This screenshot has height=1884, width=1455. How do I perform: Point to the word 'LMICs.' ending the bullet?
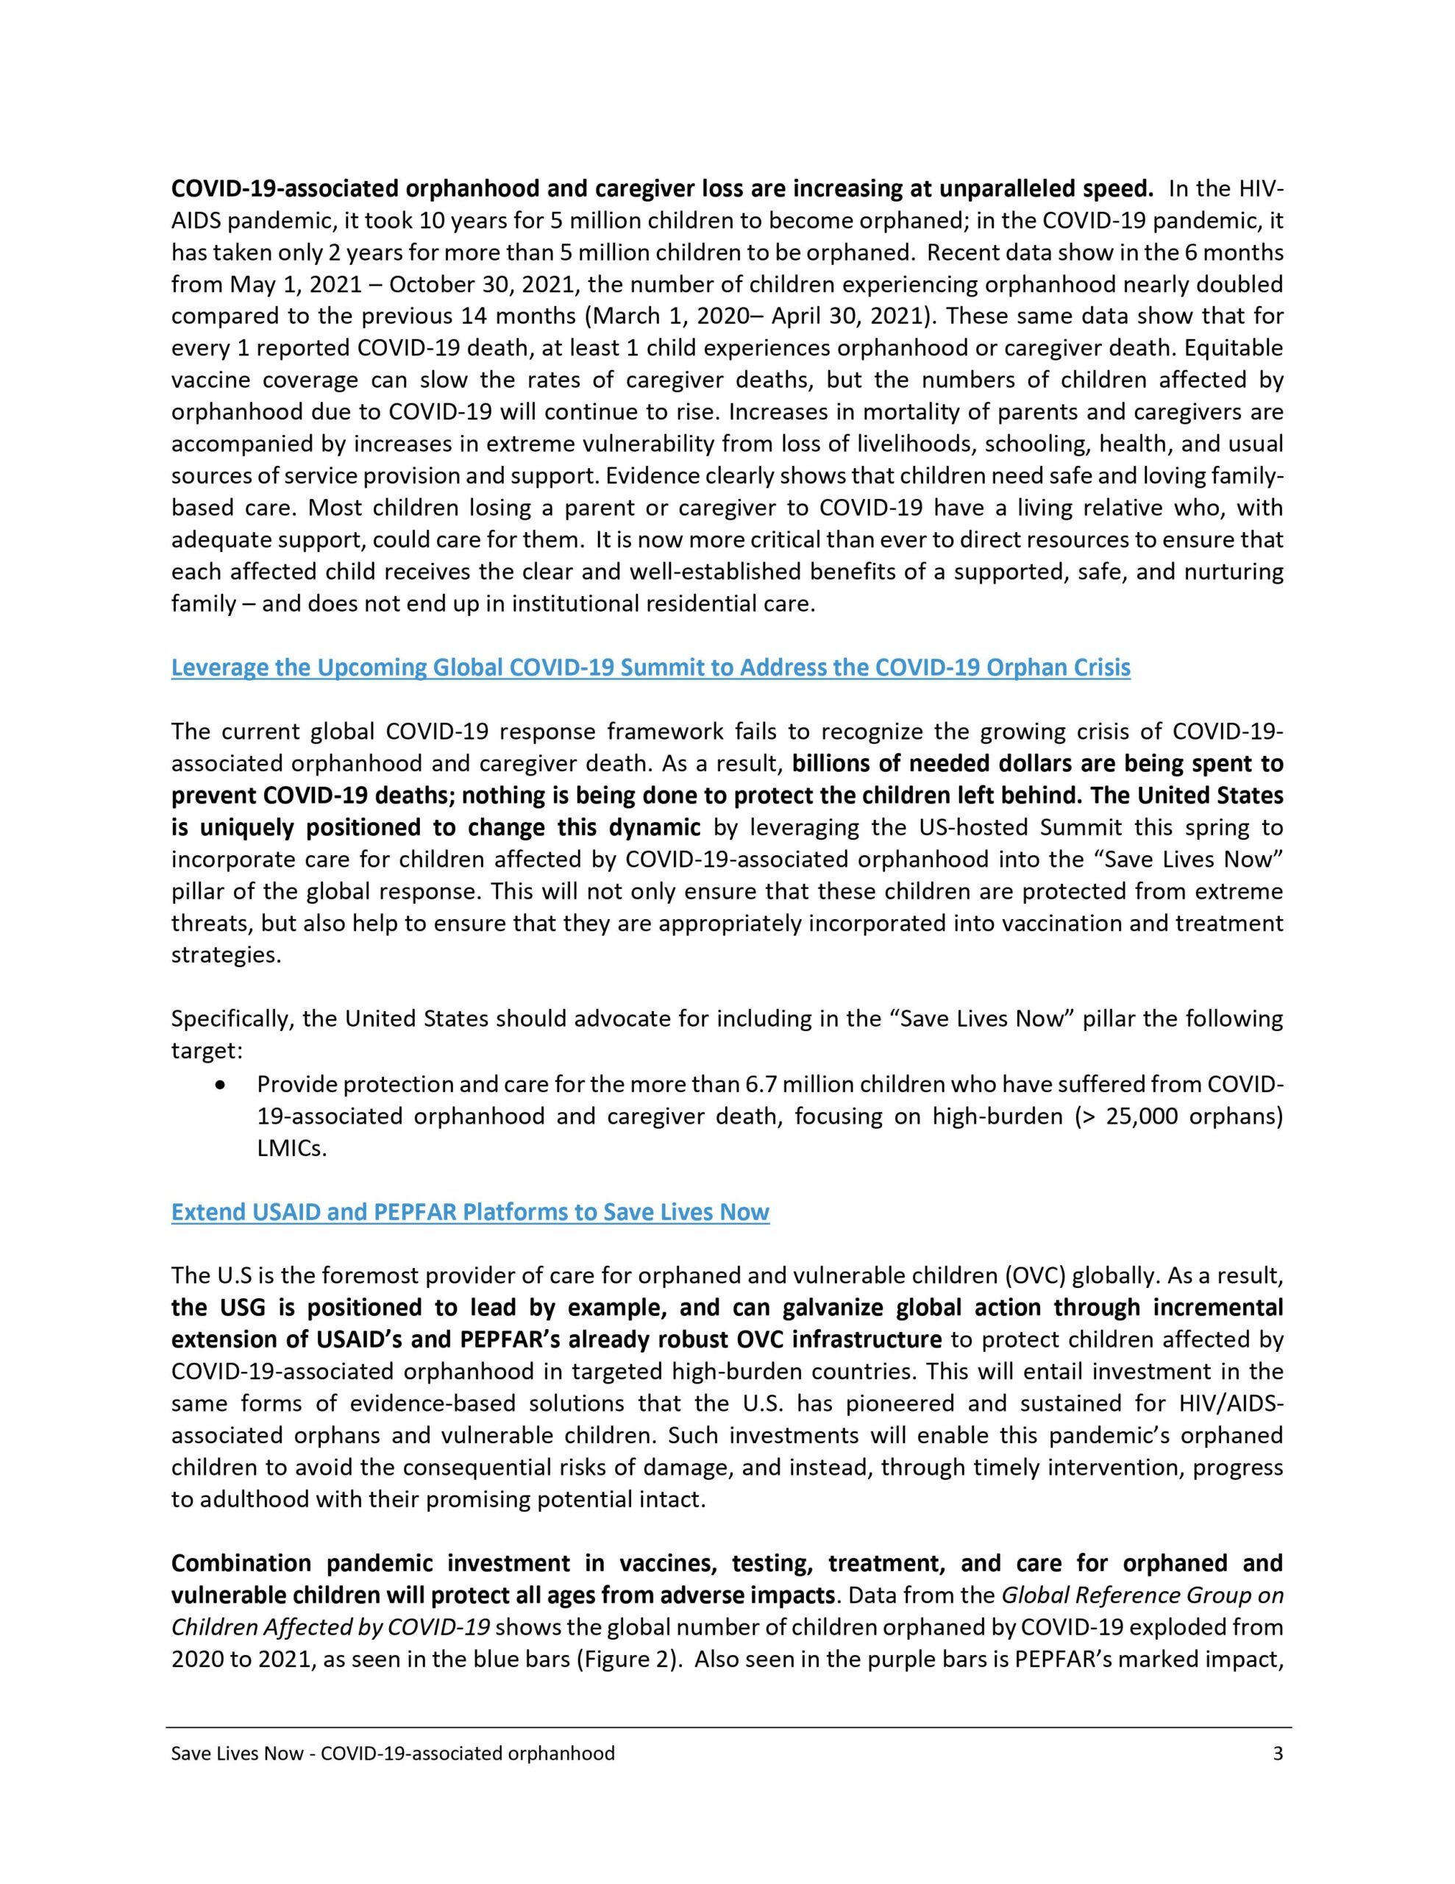pyautogui.click(x=292, y=1149)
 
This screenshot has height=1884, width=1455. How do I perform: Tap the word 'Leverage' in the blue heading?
pyautogui.click(x=221, y=667)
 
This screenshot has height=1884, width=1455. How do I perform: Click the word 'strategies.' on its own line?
pyautogui.click(x=226, y=956)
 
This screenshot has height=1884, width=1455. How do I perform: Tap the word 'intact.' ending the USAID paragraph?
pyautogui.click(x=675, y=1499)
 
